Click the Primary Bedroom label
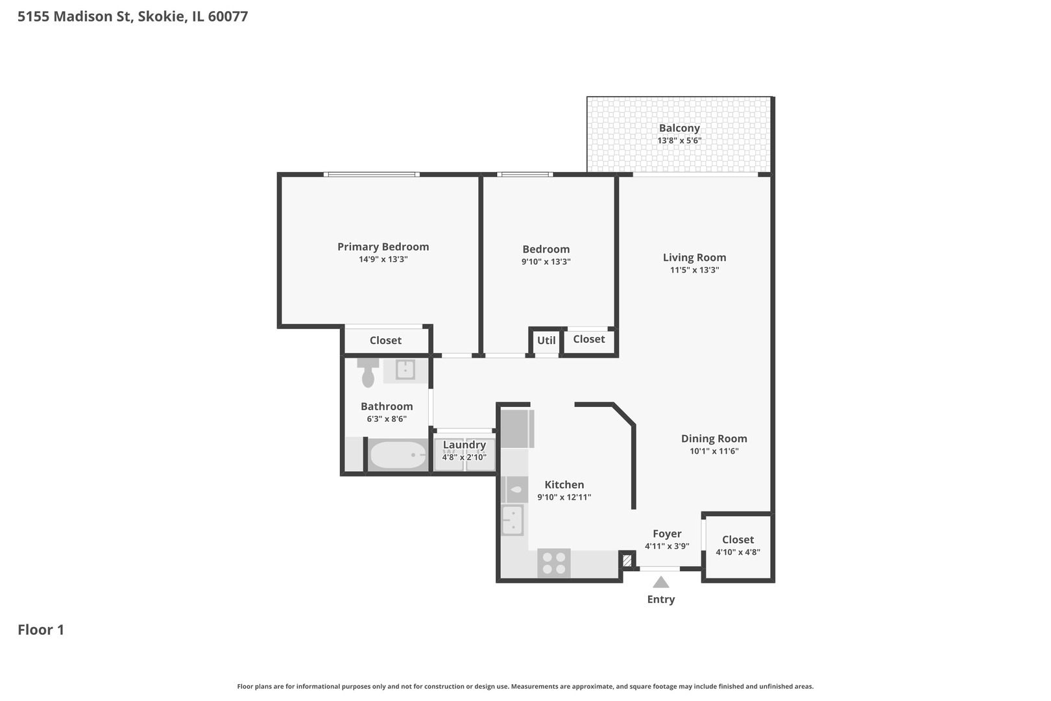click(x=383, y=247)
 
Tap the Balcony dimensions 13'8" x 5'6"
click(x=679, y=140)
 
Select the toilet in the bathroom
click(x=368, y=373)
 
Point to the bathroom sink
click(x=405, y=370)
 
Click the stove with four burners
click(x=554, y=563)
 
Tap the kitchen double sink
click(x=513, y=520)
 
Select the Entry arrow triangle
click(x=660, y=582)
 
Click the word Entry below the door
click(x=660, y=599)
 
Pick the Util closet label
click(x=546, y=340)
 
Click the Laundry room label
click(x=464, y=445)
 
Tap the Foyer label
click(x=667, y=534)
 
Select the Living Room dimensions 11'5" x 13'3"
click(x=694, y=270)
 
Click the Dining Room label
click(x=714, y=439)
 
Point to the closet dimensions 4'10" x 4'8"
click(x=738, y=552)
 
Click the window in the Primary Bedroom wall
click(x=371, y=174)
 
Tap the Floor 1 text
click(x=41, y=630)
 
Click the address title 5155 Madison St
click(x=132, y=17)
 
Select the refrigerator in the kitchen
click(x=517, y=429)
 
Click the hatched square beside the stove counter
click(x=627, y=560)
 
